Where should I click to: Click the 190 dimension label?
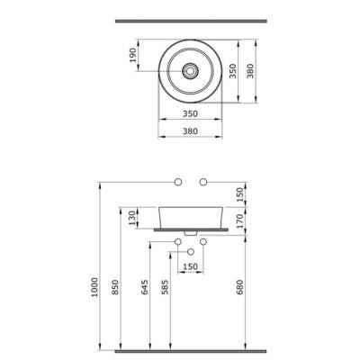pyautogui.click(x=132, y=55)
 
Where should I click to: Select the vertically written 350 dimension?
pyautogui.click(x=233, y=71)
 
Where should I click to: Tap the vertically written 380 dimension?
pyautogui.click(x=250, y=71)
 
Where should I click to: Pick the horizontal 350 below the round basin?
pyautogui.click(x=190, y=114)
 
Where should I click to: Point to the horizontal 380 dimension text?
pyautogui.click(x=190, y=131)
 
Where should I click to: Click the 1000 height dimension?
pyautogui.click(x=94, y=287)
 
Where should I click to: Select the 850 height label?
pyautogui.click(x=115, y=287)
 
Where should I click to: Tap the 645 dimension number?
pyautogui.click(x=145, y=287)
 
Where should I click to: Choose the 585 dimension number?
pyautogui.click(x=166, y=287)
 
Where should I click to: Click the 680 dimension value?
pyautogui.click(x=239, y=287)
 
